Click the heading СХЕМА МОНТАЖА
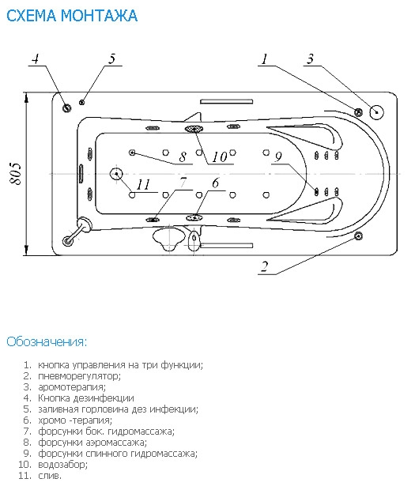[72, 16]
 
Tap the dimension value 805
[16, 174]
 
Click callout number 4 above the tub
[36, 58]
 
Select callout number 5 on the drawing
[112, 58]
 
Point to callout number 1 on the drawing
[265, 58]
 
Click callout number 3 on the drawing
[310, 58]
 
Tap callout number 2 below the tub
[265, 266]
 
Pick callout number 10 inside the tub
[220, 157]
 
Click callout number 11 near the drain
[144, 184]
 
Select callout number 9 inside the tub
[278, 157]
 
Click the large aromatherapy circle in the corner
[376, 112]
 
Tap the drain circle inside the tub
[116, 174]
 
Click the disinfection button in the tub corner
[67, 108]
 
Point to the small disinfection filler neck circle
[82, 102]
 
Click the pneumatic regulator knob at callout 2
[358, 236]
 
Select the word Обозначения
[47, 341]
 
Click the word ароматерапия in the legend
[72, 387]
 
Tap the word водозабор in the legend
[62, 465]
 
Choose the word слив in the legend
[48, 476]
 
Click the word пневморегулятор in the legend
[79, 375]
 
